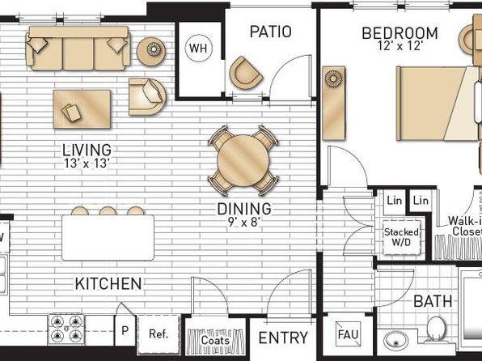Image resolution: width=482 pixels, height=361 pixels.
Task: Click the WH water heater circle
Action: pos(199,48)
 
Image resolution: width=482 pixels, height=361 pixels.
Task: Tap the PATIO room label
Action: pos(270,32)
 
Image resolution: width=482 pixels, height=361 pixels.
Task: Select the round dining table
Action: pos(243,160)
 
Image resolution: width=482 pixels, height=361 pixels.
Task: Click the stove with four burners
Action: pos(66,329)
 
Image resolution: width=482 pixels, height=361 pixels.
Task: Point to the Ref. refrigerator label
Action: pos(159,333)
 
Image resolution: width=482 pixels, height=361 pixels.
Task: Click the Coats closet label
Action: pos(215,341)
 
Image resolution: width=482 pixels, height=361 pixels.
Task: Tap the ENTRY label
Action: pos(283,338)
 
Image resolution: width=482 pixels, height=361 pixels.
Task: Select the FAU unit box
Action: pos(348,334)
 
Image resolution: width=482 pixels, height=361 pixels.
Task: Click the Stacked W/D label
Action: pos(401,237)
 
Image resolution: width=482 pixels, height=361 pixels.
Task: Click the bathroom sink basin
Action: pos(396,341)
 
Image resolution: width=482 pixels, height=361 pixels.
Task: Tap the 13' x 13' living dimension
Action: pos(87,164)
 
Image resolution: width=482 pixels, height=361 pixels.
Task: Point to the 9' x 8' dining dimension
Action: pos(244,222)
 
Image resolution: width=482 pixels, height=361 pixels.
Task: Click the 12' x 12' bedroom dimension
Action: pos(400,46)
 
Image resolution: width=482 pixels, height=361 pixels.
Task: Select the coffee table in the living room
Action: pos(82,109)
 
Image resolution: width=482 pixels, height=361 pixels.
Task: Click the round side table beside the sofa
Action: pos(151,51)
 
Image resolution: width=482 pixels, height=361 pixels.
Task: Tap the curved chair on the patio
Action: pos(245,73)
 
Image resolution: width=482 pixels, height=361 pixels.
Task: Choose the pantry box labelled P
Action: pos(125,330)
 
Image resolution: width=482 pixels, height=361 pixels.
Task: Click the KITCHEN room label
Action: pos(108,283)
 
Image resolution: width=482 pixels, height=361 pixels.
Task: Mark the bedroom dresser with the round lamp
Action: pos(333,103)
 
